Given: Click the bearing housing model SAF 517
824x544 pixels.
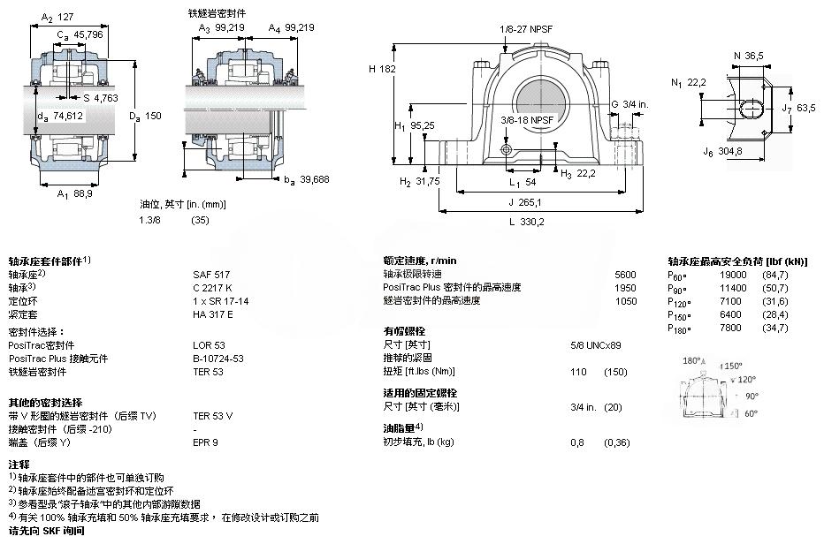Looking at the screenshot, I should click(208, 275).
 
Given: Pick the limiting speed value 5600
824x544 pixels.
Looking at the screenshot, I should click(624, 275).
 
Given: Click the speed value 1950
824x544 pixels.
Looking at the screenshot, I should click(624, 287).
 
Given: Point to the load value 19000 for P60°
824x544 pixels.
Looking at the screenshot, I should click(722, 276).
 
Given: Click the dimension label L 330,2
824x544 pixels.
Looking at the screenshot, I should click(525, 222).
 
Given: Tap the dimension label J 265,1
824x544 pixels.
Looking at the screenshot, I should click(526, 202).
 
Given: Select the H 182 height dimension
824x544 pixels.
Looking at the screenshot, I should click(382, 68).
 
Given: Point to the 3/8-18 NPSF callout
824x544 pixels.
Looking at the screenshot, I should click(527, 119).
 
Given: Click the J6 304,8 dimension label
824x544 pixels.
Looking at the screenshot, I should click(724, 153).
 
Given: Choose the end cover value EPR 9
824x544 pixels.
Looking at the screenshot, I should click(205, 442).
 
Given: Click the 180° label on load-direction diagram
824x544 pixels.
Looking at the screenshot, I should click(694, 361).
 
